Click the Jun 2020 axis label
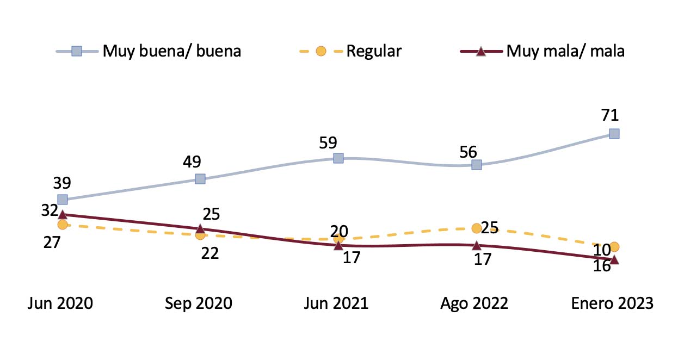click(x=60, y=303)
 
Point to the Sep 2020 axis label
click(x=199, y=303)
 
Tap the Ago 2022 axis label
click(x=474, y=303)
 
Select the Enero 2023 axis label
click(x=612, y=303)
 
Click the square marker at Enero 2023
click(x=614, y=134)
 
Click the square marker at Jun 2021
click(x=338, y=158)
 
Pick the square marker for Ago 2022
click(x=476, y=164)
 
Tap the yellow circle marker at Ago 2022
click(x=476, y=228)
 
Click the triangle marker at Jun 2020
click(x=63, y=215)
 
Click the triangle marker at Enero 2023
click(x=614, y=260)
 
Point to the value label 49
click(x=192, y=162)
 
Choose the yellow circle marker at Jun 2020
click(x=63, y=224)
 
